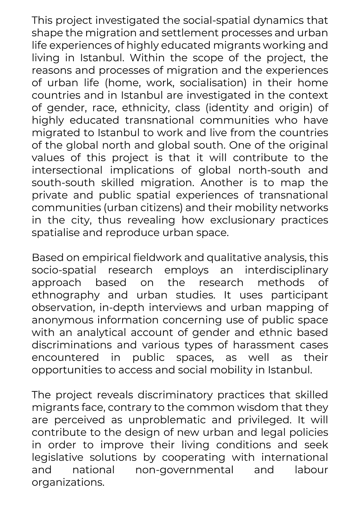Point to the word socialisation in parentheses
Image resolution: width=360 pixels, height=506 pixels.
(x=213, y=83)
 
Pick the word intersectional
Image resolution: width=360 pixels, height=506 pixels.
(x=67, y=170)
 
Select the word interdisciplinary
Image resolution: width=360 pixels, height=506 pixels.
(x=286, y=270)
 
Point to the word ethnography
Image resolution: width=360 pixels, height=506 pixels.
(x=66, y=295)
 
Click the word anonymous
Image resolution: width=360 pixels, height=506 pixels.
(x=62, y=320)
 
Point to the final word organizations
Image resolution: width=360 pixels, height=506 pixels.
(x=68, y=482)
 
